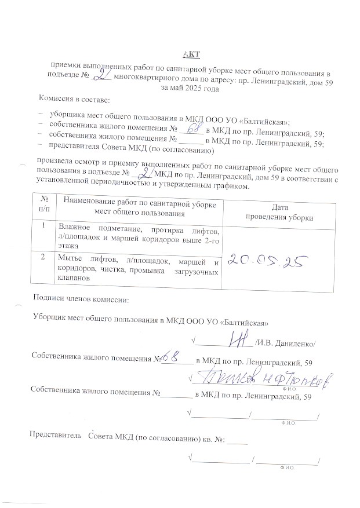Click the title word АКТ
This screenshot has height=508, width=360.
tap(191, 54)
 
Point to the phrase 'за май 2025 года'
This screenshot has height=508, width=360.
tap(190, 89)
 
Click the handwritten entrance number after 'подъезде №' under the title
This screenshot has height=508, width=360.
tap(103, 76)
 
